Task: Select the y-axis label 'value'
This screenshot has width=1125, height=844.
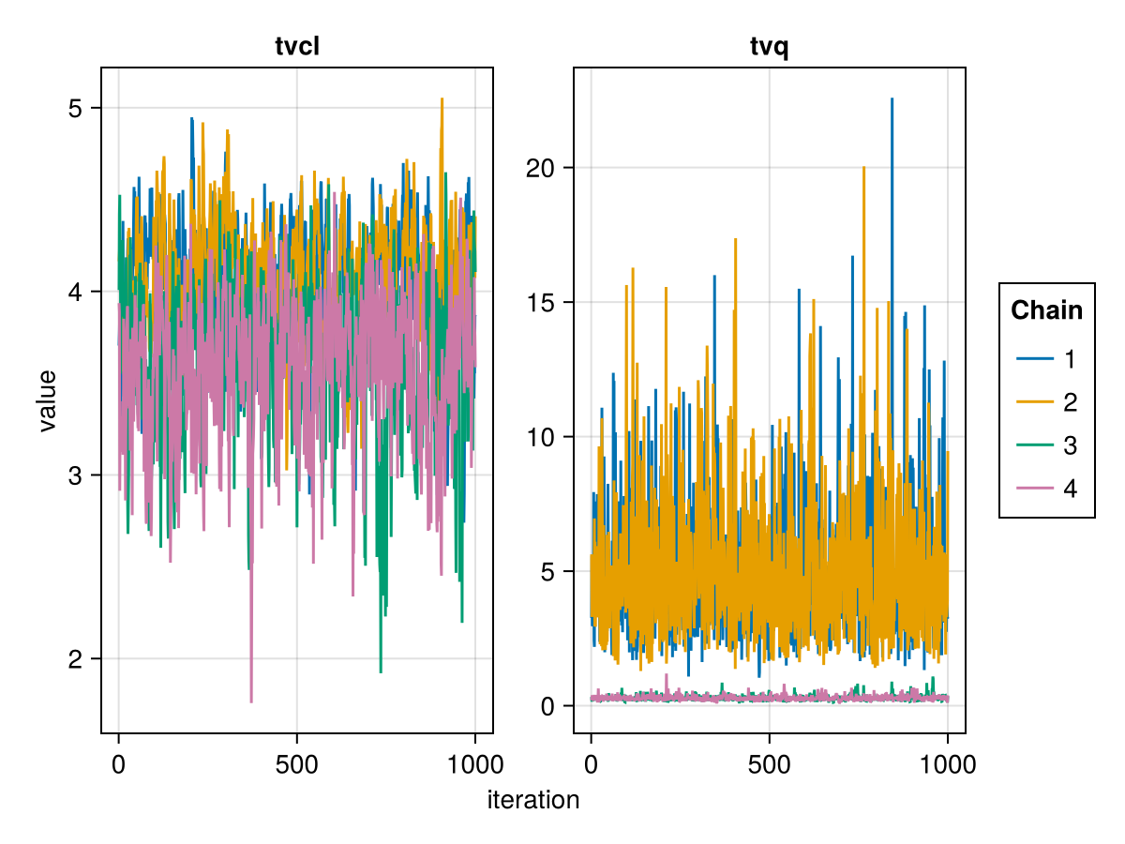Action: pos(48,400)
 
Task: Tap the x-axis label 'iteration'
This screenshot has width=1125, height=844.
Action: pos(533,800)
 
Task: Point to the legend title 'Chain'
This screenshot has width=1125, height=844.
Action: pos(1046,310)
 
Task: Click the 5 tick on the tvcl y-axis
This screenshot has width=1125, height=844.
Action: pos(78,108)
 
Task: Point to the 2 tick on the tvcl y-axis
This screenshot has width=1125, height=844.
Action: pos(78,659)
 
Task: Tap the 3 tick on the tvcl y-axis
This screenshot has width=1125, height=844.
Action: pos(78,475)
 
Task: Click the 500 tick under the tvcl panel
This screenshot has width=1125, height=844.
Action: pos(296,764)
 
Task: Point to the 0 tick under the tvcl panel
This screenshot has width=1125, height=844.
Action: pos(118,764)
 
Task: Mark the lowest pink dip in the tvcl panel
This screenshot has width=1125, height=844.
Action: pos(251,701)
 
